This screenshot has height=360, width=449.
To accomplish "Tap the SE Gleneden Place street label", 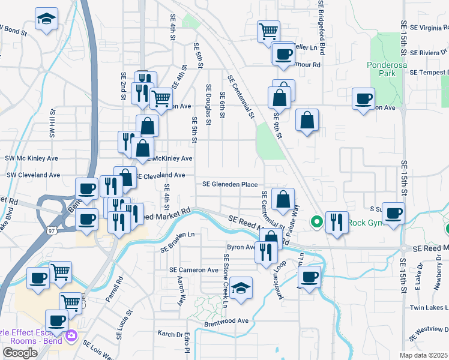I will (x=229, y=184).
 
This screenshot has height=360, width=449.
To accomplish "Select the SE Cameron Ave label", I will (x=194, y=270).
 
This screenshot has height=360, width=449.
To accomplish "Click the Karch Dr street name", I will (x=169, y=334).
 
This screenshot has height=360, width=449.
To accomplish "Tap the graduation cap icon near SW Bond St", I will (x=46, y=19).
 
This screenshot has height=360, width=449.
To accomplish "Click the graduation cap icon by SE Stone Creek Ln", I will (x=241, y=288).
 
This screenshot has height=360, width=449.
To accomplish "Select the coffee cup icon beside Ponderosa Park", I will (x=363, y=99).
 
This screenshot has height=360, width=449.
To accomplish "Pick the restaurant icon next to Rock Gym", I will (x=337, y=222).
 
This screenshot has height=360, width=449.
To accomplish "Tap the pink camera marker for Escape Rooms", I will (x=72, y=335).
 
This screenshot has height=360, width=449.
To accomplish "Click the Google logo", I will (x=20, y=353).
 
